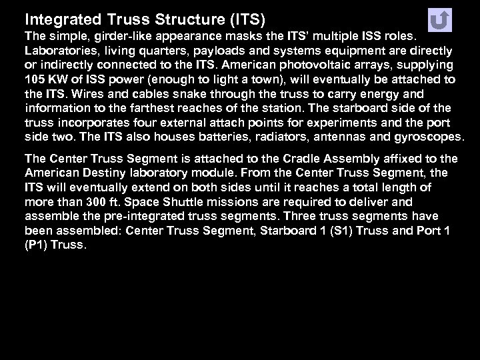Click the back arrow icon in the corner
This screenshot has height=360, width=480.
pyautogui.click(x=439, y=20)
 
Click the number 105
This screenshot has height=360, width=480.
pyautogui.click(x=35, y=80)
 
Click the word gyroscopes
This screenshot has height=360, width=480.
pyautogui.click(x=427, y=137)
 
